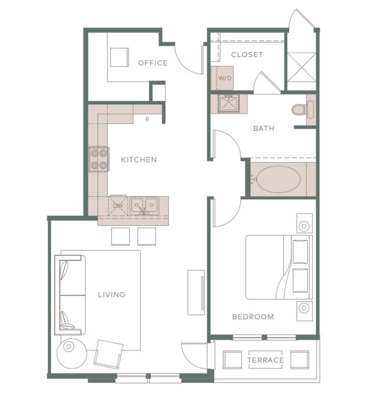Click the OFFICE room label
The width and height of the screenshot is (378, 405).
[x=152, y=63]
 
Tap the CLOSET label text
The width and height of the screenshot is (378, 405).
[x=247, y=55]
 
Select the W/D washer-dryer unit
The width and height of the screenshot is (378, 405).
[x=224, y=78]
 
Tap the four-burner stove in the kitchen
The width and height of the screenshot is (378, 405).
[x=99, y=158]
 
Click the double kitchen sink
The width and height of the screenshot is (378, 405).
[x=144, y=205]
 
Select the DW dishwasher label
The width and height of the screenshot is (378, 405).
[x=118, y=205]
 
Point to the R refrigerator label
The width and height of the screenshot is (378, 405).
[x=148, y=119]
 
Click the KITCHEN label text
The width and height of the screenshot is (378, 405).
[x=138, y=160]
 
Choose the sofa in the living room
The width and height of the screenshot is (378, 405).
[x=70, y=294]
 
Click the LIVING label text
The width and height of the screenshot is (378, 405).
[x=112, y=295]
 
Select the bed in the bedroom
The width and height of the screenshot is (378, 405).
[x=278, y=266]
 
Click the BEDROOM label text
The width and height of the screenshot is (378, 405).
[x=252, y=317]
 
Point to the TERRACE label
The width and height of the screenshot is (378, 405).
[x=265, y=360]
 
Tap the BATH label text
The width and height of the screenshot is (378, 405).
[x=263, y=129]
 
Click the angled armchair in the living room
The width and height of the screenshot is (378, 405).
[x=109, y=354]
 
